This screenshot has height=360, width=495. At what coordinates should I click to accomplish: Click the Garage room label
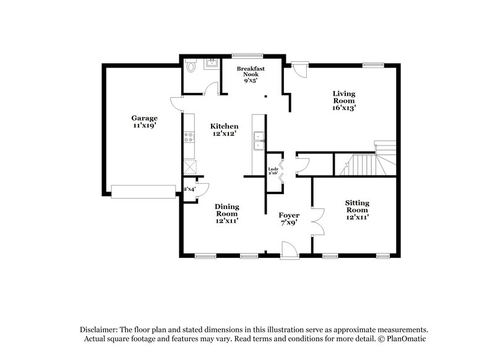click(144, 121)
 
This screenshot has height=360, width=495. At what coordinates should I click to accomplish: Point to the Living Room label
click(343, 100)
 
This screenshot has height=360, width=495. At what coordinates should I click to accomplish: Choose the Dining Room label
click(227, 213)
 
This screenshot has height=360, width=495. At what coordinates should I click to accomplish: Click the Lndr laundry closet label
click(272, 171)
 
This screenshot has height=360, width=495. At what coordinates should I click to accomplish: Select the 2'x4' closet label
click(189, 189)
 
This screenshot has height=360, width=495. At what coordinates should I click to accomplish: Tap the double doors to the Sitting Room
click(318, 221)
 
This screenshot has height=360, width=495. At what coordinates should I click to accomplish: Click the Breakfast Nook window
click(244, 56)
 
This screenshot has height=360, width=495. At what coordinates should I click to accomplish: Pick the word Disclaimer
click(100, 329)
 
